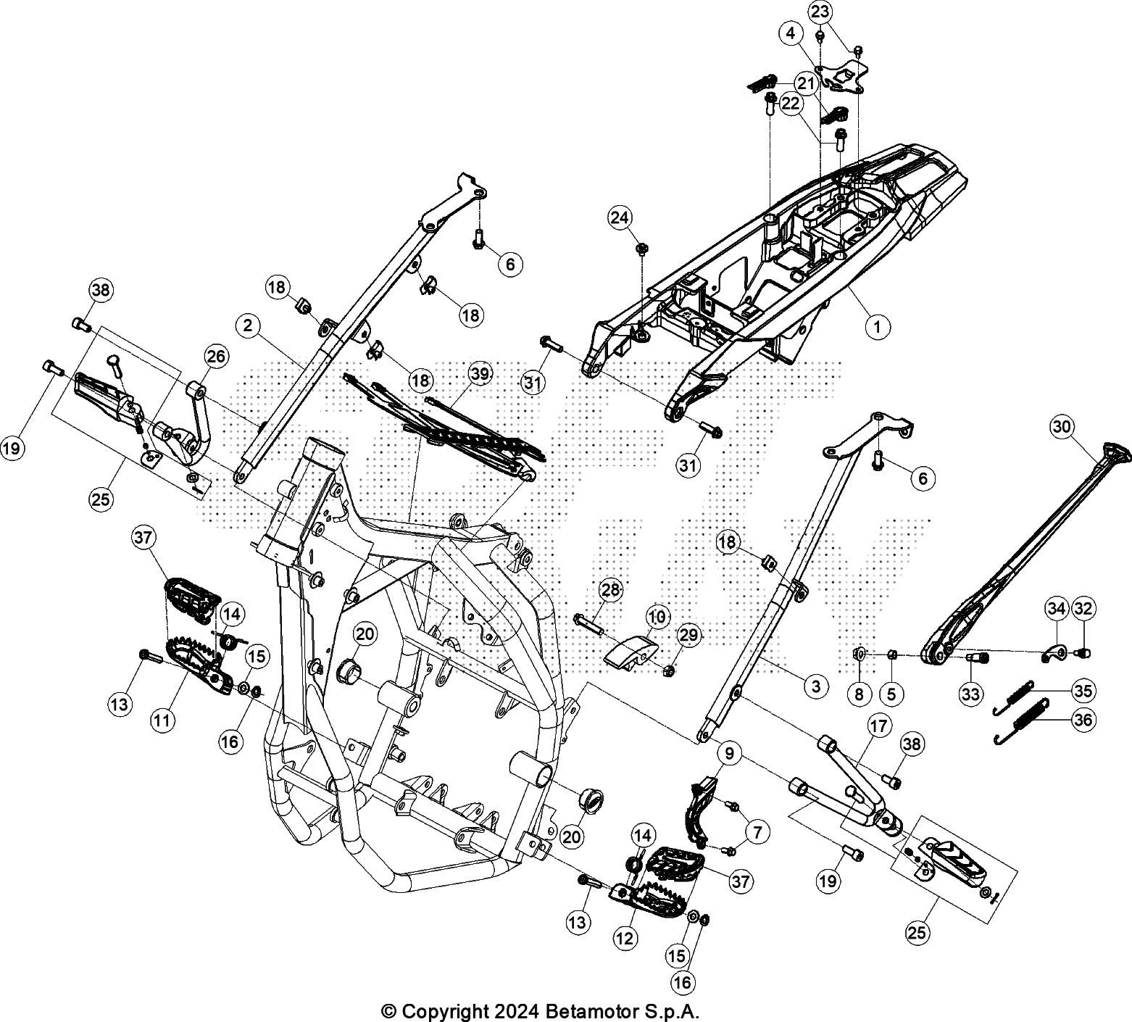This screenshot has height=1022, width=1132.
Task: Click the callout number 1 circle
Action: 877,327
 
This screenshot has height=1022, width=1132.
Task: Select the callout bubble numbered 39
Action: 480,373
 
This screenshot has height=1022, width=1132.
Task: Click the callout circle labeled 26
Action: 216,356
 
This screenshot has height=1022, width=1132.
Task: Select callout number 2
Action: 248,326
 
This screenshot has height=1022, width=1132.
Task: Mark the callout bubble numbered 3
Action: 816,685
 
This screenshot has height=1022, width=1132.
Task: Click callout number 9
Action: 729,754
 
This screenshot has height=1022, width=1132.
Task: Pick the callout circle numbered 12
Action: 625,937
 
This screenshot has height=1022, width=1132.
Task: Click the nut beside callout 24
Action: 641,249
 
